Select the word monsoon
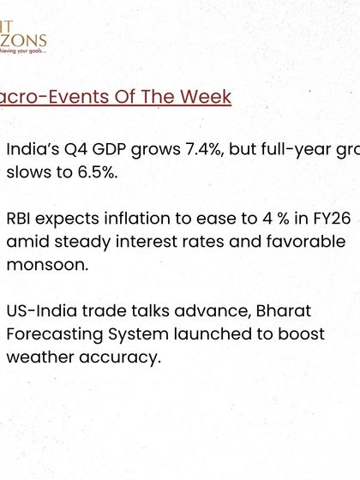pyautogui.click(x=45, y=265)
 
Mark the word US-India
pyautogui.click(x=39, y=311)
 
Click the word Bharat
pyautogui.click(x=283, y=311)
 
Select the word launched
pyautogui.click(x=205, y=334)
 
